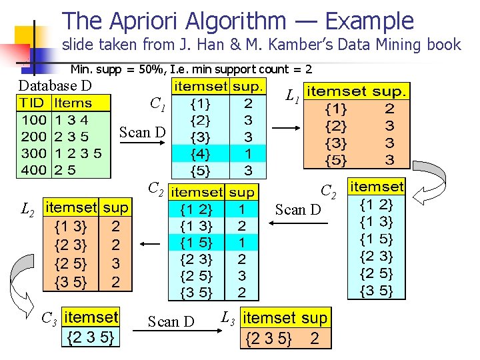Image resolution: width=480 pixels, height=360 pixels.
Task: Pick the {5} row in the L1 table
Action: pos(335,160)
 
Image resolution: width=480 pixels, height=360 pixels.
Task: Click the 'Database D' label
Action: pos(55,85)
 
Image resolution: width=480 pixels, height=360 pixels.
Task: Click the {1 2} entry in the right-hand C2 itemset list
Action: pos(377,205)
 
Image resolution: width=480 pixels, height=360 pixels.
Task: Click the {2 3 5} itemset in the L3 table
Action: pos(269,339)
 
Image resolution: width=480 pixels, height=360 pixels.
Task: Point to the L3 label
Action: pos(228,317)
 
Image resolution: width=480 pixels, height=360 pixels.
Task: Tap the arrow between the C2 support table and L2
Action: pos(150,245)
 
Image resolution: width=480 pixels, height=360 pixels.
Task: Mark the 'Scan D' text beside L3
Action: pos(171,321)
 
